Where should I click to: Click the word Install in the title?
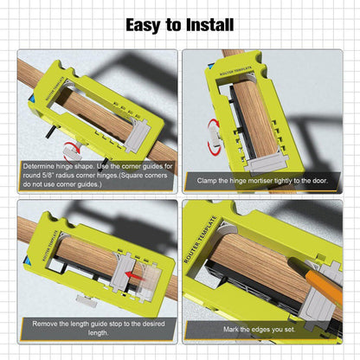(209, 24)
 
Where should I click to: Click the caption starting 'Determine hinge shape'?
(97, 175)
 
